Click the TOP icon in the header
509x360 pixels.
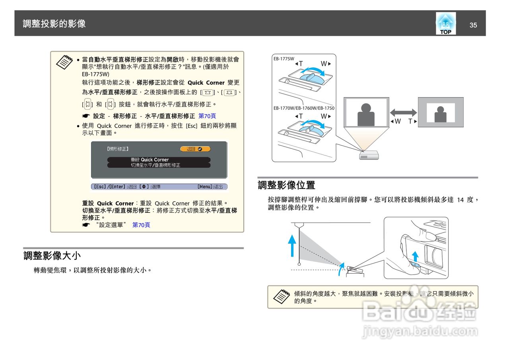pyautogui.click(x=445, y=23)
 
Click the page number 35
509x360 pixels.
pyautogui.click(x=473, y=25)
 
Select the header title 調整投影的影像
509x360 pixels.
pyautogui.click(x=54, y=24)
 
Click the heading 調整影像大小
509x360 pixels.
pyautogui.click(x=52, y=255)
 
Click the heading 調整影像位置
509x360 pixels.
pyautogui.click(x=286, y=185)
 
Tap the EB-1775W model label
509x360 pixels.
pyautogui.click(x=284, y=58)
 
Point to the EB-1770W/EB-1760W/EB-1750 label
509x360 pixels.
pyautogui.click(x=304, y=108)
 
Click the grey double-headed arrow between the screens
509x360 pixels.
pyautogui.click(x=403, y=113)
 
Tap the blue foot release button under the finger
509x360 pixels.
pyautogui.click(x=415, y=264)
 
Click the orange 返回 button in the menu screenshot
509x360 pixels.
pyautogui.click(x=195, y=149)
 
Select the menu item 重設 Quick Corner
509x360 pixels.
pyautogui.click(x=150, y=160)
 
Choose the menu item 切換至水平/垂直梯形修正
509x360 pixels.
pyautogui.click(x=155, y=165)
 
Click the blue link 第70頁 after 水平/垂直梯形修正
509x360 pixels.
pyautogui.click(x=207, y=116)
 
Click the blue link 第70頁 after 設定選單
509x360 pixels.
pyautogui.click(x=141, y=225)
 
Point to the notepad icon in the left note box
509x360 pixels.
pyautogui.click(x=64, y=62)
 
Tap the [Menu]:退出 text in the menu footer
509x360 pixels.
pyautogui.click(x=210, y=187)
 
